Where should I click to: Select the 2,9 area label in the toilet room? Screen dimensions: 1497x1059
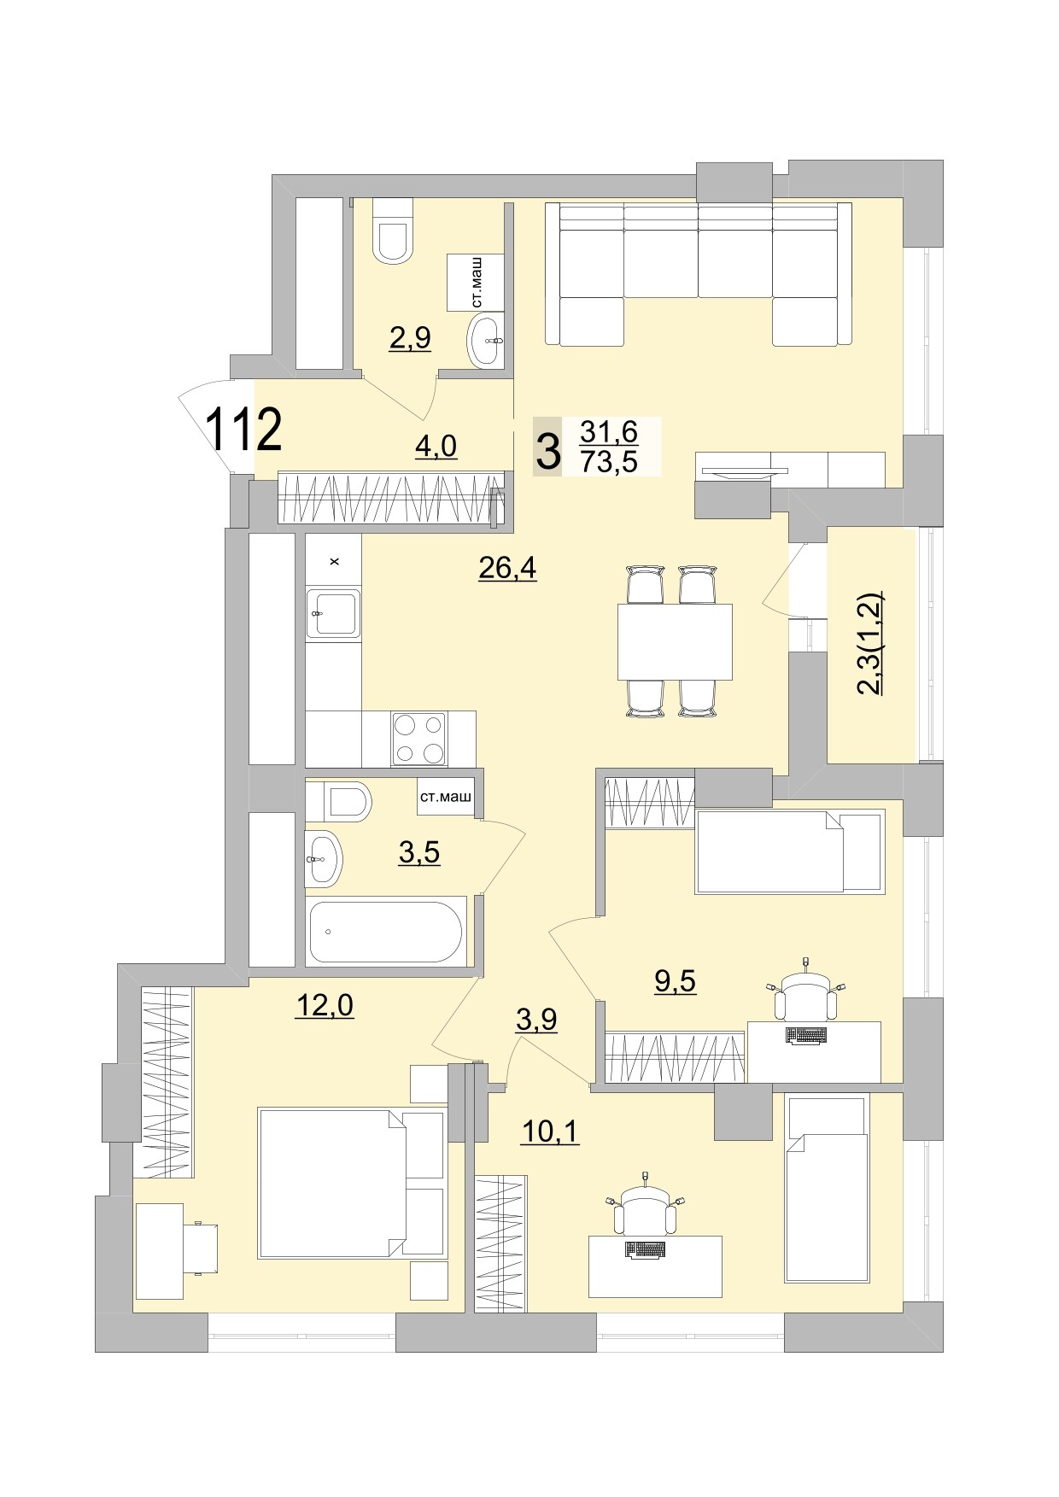coord(410,338)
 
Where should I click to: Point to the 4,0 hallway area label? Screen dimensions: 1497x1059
coord(436,446)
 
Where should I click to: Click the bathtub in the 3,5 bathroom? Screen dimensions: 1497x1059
coord(386,932)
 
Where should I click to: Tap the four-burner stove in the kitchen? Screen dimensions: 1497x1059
coord(418,739)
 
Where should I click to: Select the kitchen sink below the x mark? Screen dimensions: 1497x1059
coord(333,612)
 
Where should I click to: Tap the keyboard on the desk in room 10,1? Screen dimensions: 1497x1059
coord(645,1249)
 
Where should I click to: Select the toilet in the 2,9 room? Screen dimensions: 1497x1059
coord(393,232)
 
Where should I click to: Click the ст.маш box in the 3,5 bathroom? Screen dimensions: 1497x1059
coord(445,798)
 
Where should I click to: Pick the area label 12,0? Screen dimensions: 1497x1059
coord(324,1006)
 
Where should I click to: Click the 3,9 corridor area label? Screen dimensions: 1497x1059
coord(535,1019)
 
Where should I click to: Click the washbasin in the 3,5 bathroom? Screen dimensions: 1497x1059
coord(324,858)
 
